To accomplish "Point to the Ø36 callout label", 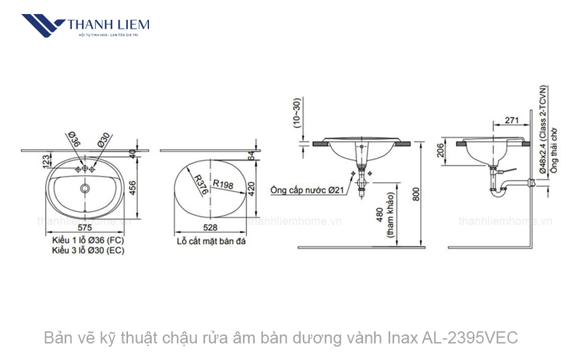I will pos(73,141).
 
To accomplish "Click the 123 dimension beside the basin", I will pos(46,161).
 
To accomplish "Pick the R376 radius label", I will pos(202,184).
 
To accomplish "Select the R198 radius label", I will pos(223,184).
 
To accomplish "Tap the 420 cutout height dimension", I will pos(251,188).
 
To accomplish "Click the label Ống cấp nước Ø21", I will pos(307,190).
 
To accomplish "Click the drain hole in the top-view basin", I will pos(85,189).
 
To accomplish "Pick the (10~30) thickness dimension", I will pos(296,113).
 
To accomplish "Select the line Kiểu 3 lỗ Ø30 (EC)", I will pos(88,251).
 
